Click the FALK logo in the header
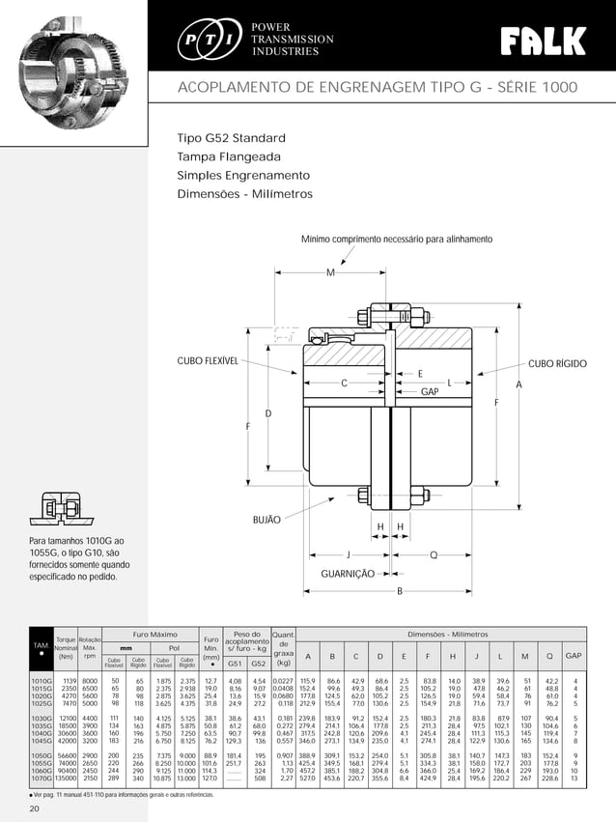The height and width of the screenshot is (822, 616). pyautogui.click(x=543, y=41)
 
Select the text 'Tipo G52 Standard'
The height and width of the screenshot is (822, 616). pyautogui.click(x=231, y=137)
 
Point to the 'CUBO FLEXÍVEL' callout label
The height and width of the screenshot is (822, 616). pyautogui.click(x=207, y=361)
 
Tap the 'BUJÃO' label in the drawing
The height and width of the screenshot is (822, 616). pyautogui.click(x=266, y=520)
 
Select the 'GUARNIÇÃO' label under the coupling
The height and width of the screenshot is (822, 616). pyautogui.click(x=347, y=573)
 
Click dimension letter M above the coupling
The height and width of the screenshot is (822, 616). pyautogui.click(x=330, y=273)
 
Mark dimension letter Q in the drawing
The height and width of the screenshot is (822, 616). pyautogui.click(x=434, y=554)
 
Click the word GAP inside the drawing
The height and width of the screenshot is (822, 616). pyautogui.click(x=430, y=392)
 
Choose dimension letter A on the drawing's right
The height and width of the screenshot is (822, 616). pyautogui.click(x=518, y=384)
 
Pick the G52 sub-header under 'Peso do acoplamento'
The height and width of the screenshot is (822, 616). pyautogui.click(x=258, y=664)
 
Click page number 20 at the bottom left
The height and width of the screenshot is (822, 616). pyautogui.click(x=34, y=807)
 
